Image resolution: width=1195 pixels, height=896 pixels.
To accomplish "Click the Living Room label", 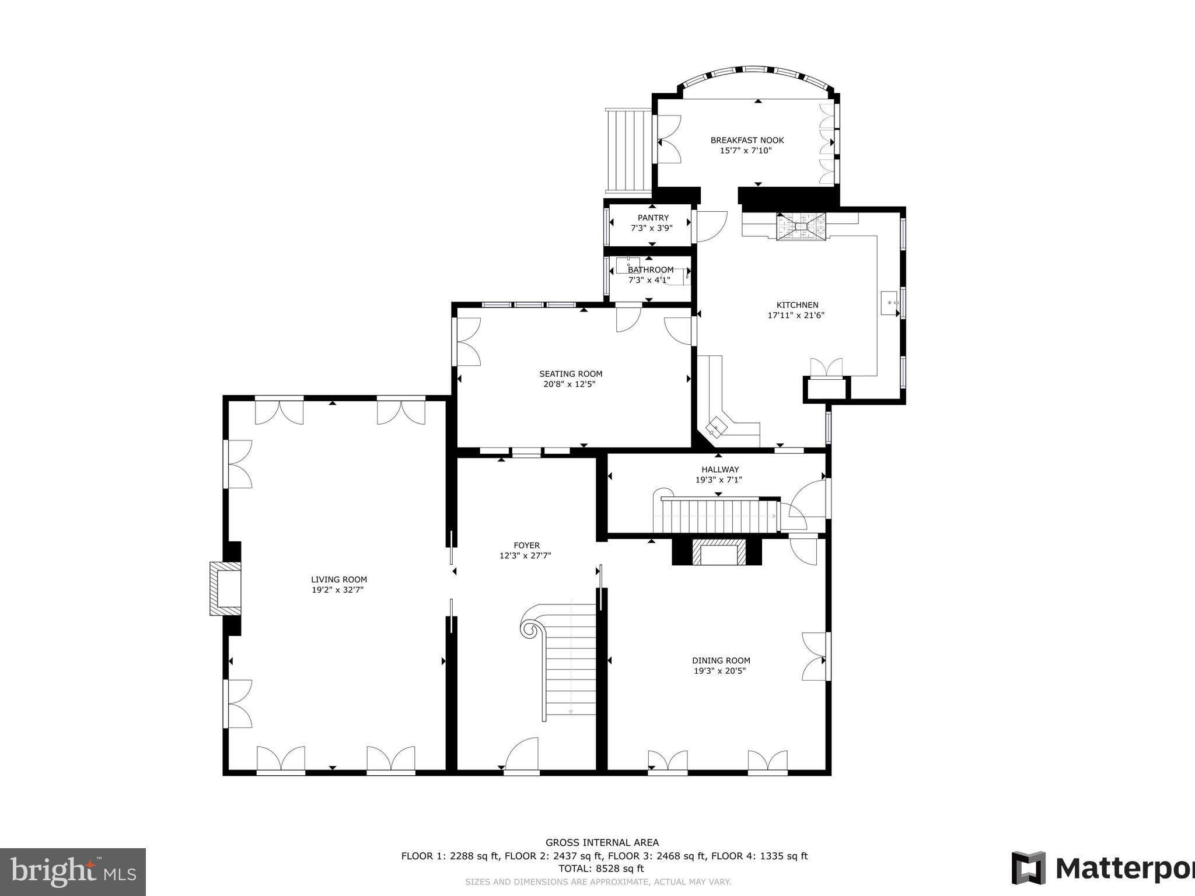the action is point(339,579).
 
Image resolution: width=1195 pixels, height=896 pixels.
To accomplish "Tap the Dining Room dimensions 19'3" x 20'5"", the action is point(720,671).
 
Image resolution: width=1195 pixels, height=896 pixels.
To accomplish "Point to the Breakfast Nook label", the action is point(747,140).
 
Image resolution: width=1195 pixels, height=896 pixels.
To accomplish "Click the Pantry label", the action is point(653,218).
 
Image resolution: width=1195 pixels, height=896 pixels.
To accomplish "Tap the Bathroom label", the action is point(651,269).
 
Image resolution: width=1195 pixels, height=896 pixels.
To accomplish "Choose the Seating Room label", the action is point(571,374).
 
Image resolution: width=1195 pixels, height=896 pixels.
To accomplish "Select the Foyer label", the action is point(526,545).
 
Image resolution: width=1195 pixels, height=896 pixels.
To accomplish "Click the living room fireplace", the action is point(225,588).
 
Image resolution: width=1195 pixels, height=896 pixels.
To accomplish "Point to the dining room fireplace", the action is point(718,552).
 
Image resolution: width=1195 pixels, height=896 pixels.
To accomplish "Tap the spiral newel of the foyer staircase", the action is point(531,629).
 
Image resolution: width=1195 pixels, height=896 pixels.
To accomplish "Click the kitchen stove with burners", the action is point(801,226).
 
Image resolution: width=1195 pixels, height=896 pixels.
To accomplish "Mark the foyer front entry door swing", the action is point(521,754).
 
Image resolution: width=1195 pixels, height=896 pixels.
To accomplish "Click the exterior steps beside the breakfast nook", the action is point(628,151).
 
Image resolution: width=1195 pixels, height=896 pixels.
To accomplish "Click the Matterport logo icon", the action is point(1029,868).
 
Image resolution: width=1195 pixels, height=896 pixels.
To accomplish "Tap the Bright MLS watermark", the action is point(73,872).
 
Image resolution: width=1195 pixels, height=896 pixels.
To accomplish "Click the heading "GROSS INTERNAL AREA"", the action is point(602,842).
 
